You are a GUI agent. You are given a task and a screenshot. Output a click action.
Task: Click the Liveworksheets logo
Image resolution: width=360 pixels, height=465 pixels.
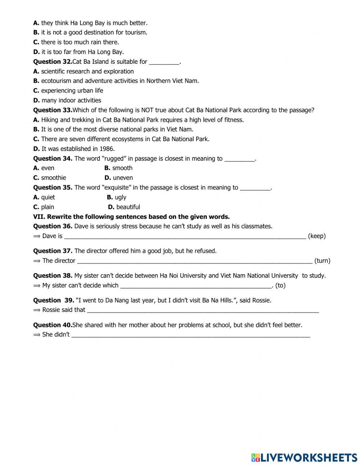point(304,457)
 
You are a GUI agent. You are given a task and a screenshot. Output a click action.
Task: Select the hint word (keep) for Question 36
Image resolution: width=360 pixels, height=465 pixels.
point(317,236)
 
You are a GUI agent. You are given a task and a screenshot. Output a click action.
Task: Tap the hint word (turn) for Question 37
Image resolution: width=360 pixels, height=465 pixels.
point(322,261)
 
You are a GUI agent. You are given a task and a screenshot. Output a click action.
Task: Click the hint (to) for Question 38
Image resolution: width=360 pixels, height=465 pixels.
point(280,286)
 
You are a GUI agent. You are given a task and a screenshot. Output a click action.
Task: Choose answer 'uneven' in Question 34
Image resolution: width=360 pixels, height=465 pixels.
point(123,178)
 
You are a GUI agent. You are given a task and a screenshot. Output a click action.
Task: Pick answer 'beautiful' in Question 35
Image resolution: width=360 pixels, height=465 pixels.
point(128,207)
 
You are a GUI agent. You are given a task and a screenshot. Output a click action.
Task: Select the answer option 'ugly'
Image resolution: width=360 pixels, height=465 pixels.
point(121,197)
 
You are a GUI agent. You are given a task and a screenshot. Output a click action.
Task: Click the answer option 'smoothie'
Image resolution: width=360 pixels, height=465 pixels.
point(54,178)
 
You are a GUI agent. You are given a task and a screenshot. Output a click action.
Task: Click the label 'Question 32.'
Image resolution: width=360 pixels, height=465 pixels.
point(53,62)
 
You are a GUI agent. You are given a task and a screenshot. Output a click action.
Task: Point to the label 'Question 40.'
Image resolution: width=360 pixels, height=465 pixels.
point(53,325)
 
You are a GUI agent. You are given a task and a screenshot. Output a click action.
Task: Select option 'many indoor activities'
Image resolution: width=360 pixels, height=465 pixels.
point(71,100)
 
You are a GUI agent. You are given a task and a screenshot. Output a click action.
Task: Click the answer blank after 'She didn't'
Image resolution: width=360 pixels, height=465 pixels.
point(190,335)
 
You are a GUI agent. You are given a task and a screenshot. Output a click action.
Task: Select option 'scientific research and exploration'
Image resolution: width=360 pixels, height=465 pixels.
point(87,71)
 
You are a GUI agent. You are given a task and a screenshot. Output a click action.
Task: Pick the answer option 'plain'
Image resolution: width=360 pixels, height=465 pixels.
point(48,207)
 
